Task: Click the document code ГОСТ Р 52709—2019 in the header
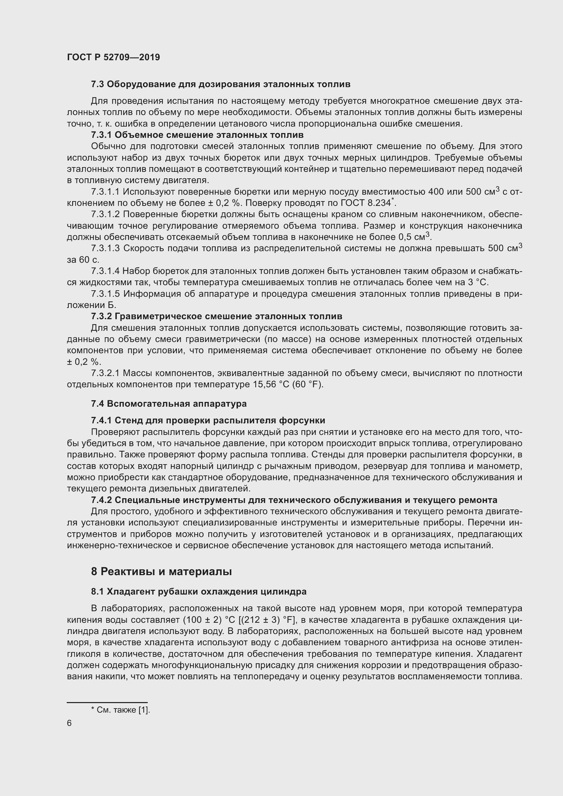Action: pos(113,58)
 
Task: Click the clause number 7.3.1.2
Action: pos(105,215)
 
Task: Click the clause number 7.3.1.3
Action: pos(105,248)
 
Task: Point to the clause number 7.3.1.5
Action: pos(105,294)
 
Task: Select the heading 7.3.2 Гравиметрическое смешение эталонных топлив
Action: pos(216,316)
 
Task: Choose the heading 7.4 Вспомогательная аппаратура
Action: pos(169,404)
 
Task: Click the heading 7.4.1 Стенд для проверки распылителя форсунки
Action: pos(208,421)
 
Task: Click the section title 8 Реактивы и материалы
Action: pos(161,572)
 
